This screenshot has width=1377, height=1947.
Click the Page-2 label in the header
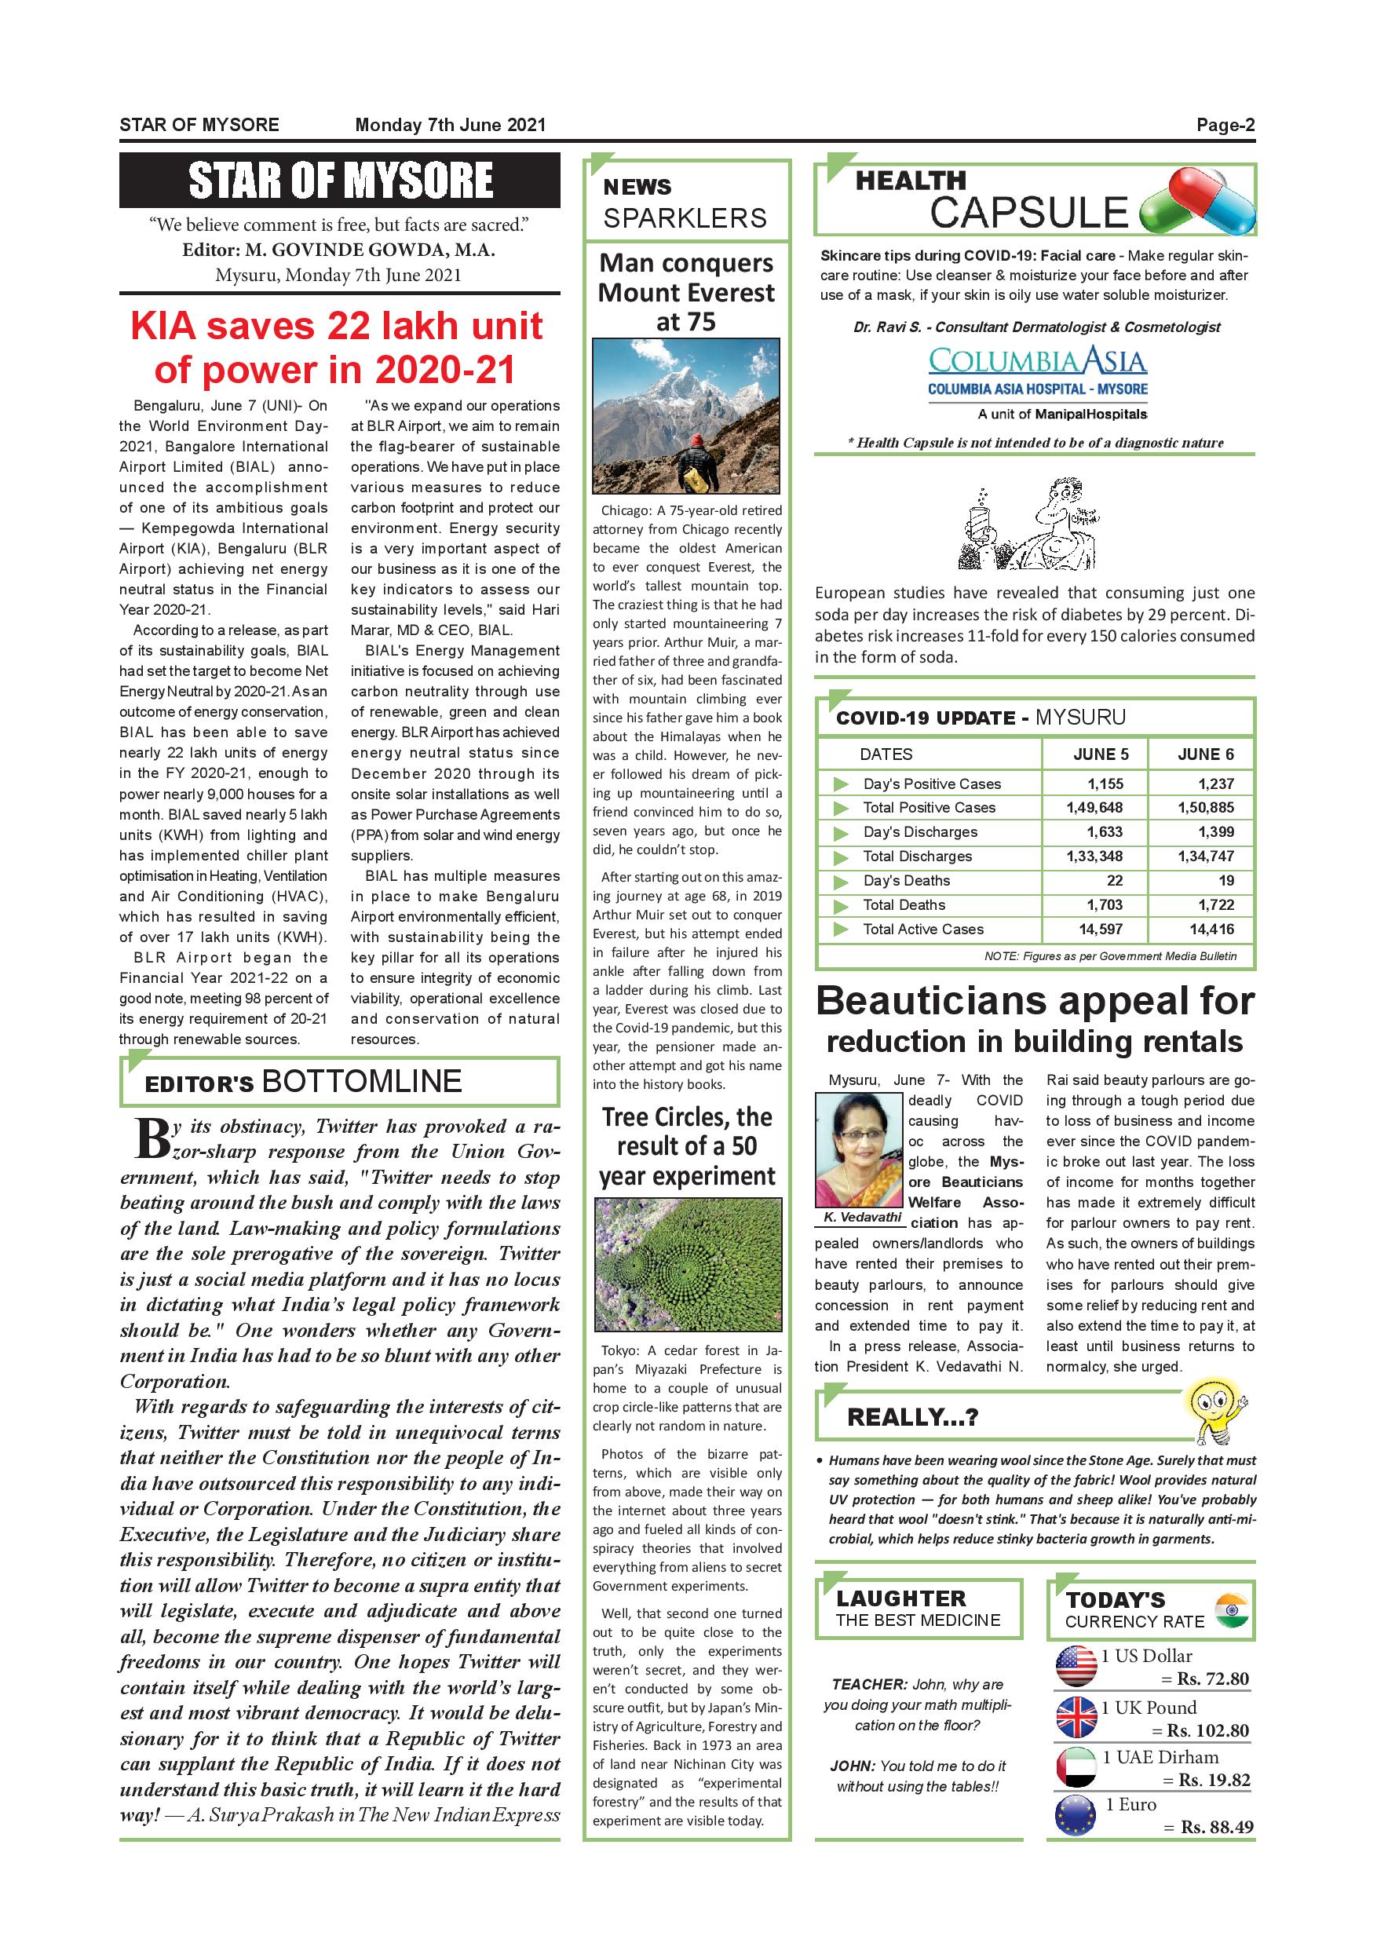click(1225, 126)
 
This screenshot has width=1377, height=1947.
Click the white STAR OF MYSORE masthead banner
click(340, 181)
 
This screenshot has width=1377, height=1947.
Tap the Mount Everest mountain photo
click(687, 415)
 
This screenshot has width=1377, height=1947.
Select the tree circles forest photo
click(687, 1264)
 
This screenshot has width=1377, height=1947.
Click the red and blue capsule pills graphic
click(1197, 202)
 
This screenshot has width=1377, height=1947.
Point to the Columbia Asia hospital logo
click(1036, 372)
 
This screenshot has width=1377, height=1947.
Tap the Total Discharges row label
click(917, 857)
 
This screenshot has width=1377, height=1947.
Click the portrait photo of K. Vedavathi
click(859, 1149)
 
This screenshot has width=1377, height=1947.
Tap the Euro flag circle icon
click(1076, 1817)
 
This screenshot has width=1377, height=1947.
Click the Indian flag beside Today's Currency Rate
click(1231, 1610)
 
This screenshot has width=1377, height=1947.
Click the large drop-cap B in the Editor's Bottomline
click(152, 1139)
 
